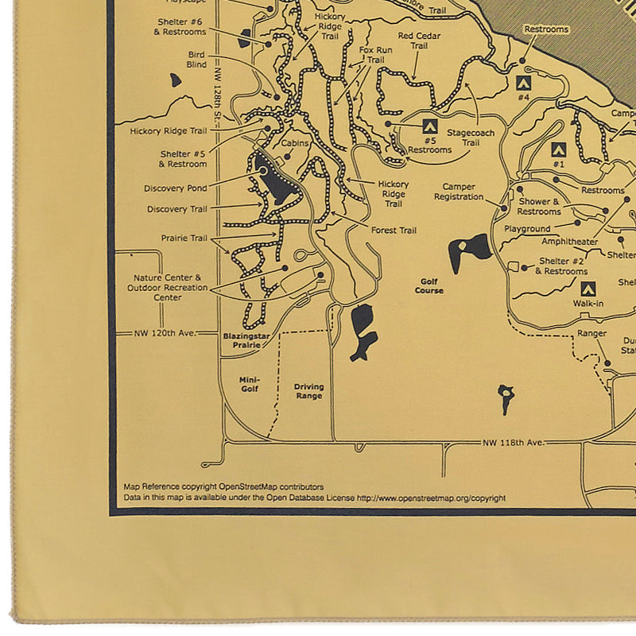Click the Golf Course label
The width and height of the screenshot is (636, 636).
point(429,285)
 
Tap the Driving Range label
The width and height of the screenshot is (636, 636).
point(309,391)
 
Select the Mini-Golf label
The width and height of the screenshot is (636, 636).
point(250,385)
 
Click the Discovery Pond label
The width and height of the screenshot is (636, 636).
point(175,188)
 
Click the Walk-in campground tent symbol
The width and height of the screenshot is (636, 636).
point(588,289)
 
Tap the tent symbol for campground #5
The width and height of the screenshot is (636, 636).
point(429,126)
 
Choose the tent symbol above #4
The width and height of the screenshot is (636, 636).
point(523,82)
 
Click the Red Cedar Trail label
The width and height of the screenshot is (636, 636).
point(418,41)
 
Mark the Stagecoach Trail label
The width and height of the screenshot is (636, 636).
point(471,137)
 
